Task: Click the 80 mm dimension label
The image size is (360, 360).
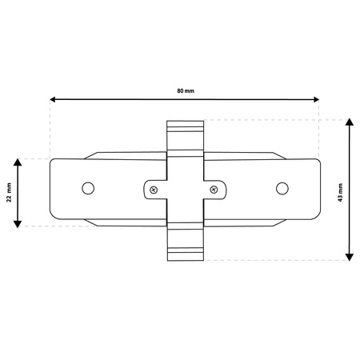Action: point(186,91)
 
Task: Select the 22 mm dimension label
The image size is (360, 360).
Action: point(10,193)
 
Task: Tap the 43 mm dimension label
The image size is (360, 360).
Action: point(340,193)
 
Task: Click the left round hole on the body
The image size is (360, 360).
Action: point(88,188)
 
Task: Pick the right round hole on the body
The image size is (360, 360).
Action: point(282,189)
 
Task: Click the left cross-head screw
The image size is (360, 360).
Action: point(154,190)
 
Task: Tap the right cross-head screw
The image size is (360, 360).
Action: point(214,190)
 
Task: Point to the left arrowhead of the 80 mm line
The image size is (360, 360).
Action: point(53,99)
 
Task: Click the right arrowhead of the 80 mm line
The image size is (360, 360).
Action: point(316,100)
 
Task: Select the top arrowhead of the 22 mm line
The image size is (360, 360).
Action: point(18,162)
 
